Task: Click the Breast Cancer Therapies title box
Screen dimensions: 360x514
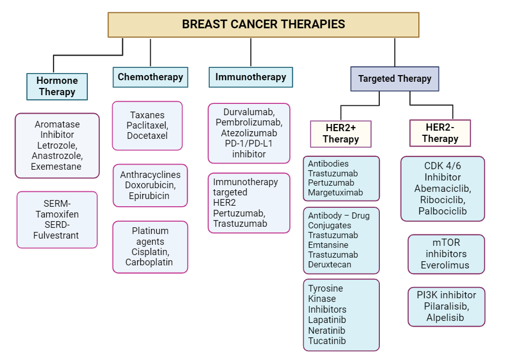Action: [x=263, y=25]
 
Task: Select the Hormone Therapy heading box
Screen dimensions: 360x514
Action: [x=57, y=86]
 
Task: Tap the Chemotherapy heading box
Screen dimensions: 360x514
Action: [x=150, y=77]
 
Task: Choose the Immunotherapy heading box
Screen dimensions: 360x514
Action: [x=250, y=77]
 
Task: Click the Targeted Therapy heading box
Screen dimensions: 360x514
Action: [x=394, y=79]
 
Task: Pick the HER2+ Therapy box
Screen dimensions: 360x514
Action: [x=340, y=134]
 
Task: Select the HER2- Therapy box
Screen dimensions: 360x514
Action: [x=440, y=133]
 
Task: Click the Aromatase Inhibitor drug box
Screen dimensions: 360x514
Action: [x=57, y=146]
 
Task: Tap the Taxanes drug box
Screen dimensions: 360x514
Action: [x=147, y=125]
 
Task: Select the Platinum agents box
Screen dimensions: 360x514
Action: [x=150, y=247]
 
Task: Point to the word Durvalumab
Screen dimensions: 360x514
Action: [x=248, y=112]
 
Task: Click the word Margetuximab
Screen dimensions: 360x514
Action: [x=335, y=193]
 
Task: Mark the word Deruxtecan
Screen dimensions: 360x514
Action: [x=329, y=264]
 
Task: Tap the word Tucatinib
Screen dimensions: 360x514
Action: [x=327, y=340]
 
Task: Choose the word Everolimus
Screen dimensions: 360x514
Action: [x=445, y=265]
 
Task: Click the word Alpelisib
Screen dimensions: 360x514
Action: [x=445, y=317]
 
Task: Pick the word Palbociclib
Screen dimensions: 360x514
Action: [x=443, y=211]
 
